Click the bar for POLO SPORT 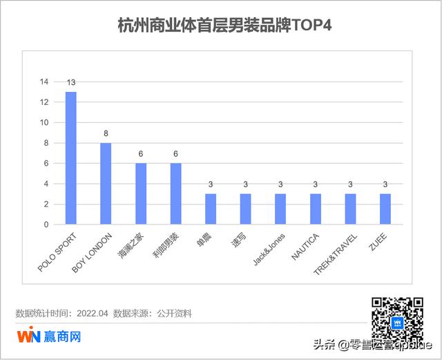[x=71, y=158]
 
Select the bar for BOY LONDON [x=106, y=184]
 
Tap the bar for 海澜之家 [x=141, y=194]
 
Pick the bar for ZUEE [x=385, y=209]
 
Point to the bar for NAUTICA [x=316, y=209]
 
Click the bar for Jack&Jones [x=280, y=209]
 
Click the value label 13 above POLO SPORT [x=71, y=83]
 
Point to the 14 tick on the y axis [x=44, y=82]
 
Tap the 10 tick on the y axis [x=44, y=123]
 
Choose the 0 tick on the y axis [x=46, y=225]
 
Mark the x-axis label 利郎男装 [x=165, y=245]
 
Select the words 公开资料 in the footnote [x=173, y=314]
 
